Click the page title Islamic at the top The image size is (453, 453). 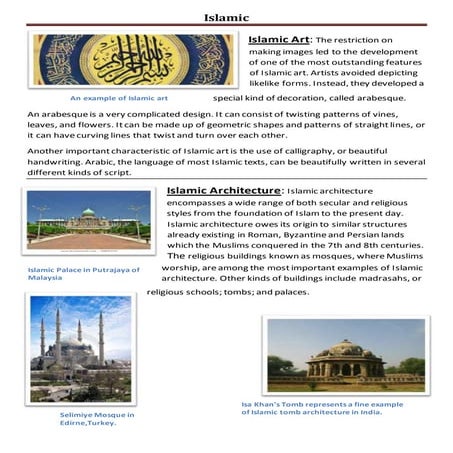coord(226,18)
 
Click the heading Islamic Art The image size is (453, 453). coord(279,39)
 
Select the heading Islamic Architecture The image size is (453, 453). coord(225,189)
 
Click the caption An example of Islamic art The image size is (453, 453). coord(118,99)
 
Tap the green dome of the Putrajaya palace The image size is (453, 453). coord(89,213)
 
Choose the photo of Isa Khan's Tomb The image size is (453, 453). coord(345,355)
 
